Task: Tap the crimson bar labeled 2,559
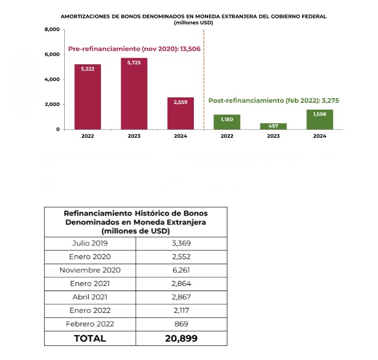point(180,113)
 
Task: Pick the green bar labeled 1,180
point(227,122)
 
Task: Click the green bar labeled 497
point(273,126)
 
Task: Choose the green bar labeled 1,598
point(320,119)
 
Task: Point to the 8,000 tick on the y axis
point(51,29)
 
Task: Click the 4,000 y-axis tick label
point(51,80)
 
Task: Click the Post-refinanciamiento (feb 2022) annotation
point(272,99)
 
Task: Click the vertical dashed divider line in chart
point(204,80)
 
